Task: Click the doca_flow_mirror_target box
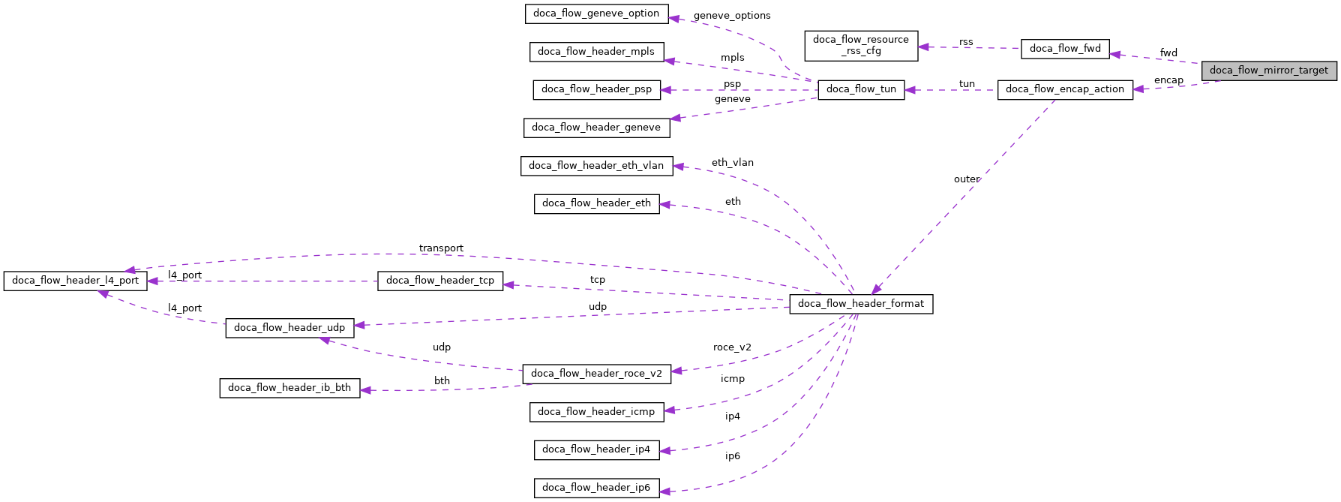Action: (1268, 71)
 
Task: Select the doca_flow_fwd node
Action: (1064, 49)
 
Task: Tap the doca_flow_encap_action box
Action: (1064, 89)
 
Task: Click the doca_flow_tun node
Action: (860, 89)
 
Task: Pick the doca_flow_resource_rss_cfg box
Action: (860, 45)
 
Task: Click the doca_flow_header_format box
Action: (860, 304)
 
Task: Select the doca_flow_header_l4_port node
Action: (75, 281)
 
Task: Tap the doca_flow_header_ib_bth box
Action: (289, 388)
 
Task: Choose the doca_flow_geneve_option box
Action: (595, 14)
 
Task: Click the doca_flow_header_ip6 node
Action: (596, 488)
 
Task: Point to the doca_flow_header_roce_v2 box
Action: (596, 374)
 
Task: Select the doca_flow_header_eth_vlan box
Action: (596, 166)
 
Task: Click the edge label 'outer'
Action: (966, 179)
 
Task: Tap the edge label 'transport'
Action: (441, 248)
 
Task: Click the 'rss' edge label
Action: (966, 42)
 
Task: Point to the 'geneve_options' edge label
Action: (731, 16)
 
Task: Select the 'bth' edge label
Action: (442, 381)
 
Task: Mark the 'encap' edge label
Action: (1168, 80)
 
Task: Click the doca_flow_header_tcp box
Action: (440, 281)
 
